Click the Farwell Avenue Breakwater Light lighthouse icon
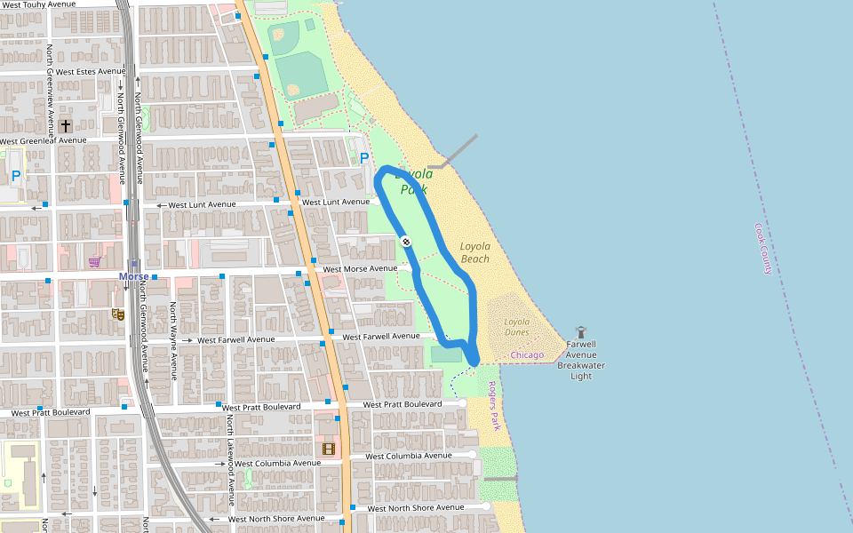click(582, 331)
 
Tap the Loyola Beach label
click(474, 252)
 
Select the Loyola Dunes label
click(516, 327)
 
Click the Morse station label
click(134, 276)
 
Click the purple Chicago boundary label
click(527, 355)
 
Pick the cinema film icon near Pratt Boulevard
click(330, 449)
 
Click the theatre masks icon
click(117, 314)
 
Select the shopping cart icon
click(94, 261)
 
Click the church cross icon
click(66, 128)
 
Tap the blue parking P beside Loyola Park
click(364, 158)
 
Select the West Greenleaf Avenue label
click(44, 140)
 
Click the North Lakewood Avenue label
click(229, 452)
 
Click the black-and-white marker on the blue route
click(406, 241)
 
